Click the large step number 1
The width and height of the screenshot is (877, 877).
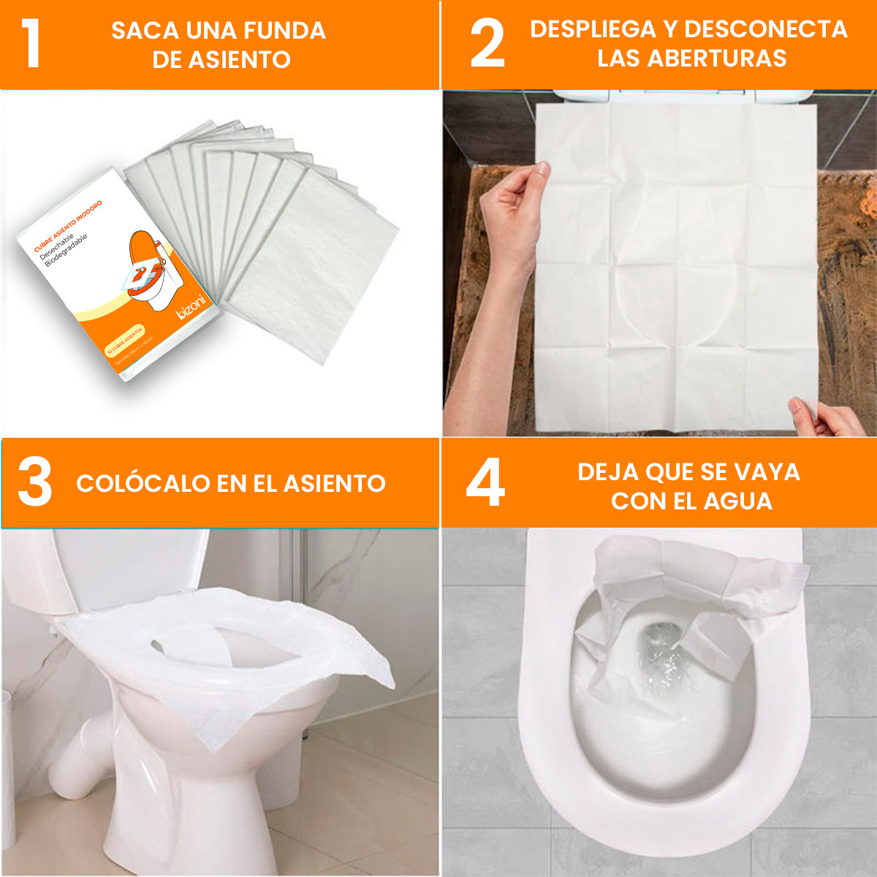tap(30, 44)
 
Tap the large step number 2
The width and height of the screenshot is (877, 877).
tap(487, 44)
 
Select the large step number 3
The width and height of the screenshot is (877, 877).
tap(34, 482)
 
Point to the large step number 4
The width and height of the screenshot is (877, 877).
tap(485, 482)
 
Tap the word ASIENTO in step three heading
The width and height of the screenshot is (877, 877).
tap(335, 483)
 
